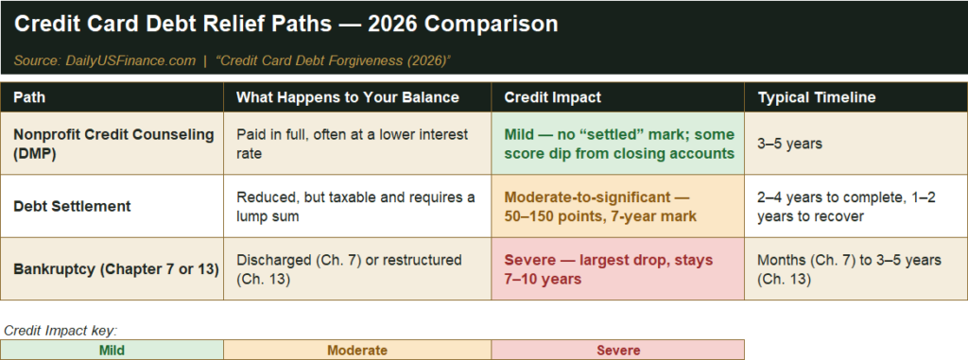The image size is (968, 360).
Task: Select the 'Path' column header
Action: click(29, 97)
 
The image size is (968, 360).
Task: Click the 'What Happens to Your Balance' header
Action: click(348, 97)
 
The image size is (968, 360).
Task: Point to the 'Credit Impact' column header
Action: click(552, 97)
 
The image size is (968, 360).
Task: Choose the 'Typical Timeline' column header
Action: click(816, 97)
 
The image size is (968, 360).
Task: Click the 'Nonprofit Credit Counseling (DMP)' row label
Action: click(113, 144)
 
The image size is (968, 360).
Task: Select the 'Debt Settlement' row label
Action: click(72, 206)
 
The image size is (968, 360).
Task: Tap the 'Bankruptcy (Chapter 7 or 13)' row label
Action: click(116, 269)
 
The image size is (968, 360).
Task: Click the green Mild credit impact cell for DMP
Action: click(618, 144)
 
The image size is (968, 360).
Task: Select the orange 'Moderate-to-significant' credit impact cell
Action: click(618, 206)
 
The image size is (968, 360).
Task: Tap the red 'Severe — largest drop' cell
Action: click(618, 269)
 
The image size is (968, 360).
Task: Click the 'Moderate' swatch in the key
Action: click(357, 351)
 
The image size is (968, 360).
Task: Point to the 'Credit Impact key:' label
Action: click(60, 331)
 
